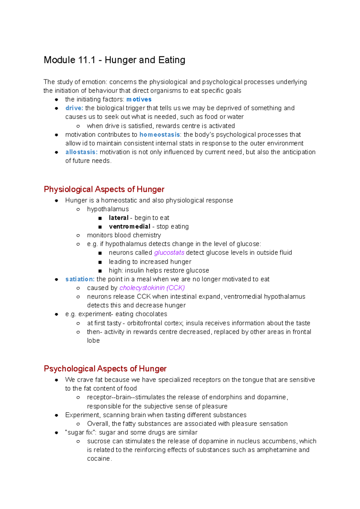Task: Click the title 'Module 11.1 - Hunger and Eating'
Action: coord(114,60)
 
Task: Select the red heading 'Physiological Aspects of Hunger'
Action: coord(104,189)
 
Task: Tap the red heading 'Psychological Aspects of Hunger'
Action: coord(105,369)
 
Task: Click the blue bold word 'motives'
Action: coord(139,100)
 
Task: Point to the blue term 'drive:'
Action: coord(74,108)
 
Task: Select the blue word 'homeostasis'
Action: coord(160,135)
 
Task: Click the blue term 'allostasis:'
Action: coord(81,152)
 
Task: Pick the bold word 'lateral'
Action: coord(118,218)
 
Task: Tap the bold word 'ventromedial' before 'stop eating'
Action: coord(129,227)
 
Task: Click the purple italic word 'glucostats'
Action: coord(169,253)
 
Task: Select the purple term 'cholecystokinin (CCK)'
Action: coord(152,288)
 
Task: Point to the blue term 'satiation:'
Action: coord(80,279)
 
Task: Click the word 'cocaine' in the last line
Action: coord(99,459)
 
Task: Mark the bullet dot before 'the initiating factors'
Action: coord(56,100)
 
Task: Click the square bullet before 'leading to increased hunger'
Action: coord(100,262)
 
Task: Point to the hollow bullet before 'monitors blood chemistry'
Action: coord(78,236)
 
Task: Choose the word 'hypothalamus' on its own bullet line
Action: coord(108,209)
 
